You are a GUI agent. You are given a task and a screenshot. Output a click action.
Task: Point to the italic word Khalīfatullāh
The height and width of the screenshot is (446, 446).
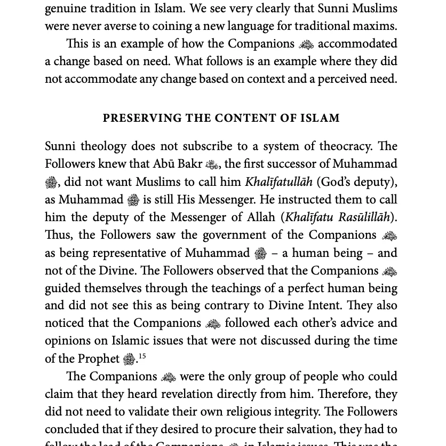pyautogui.click(x=278, y=182)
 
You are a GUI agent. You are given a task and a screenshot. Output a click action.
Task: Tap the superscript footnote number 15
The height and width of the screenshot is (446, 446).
pyautogui.click(x=142, y=356)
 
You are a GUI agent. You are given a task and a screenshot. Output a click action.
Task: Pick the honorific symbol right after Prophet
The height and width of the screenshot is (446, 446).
pyautogui.click(x=129, y=359)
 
